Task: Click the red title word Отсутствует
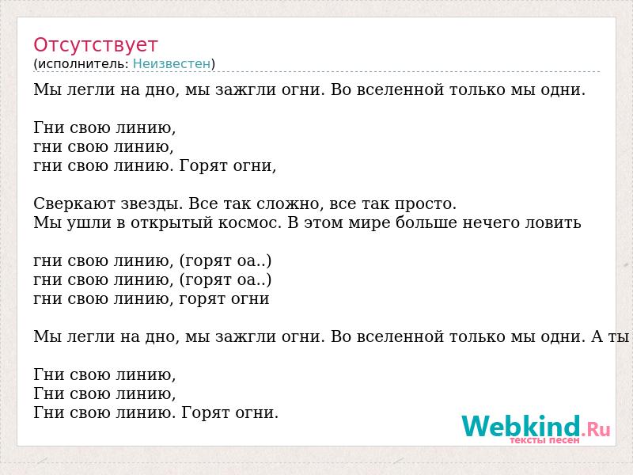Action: pyautogui.click(x=95, y=45)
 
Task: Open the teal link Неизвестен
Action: pyautogui.click(x=172, y=64)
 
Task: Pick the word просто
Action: pyautogui.click(x=425, y=204)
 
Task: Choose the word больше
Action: pyautogui.click(x=426, y=223)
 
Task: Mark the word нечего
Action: pyautogui.click(x=491, y=223)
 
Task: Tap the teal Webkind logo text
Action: pyautogui.click(x=521, y=427)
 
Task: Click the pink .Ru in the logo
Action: pyautogui.click(x=596, y=429)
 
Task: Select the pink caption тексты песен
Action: pyautogui.click(x=544, y=440)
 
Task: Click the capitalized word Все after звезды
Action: pyautogui.click(x=203, y=203)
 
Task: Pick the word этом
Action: pyautogui.click(x=323, y=223)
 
